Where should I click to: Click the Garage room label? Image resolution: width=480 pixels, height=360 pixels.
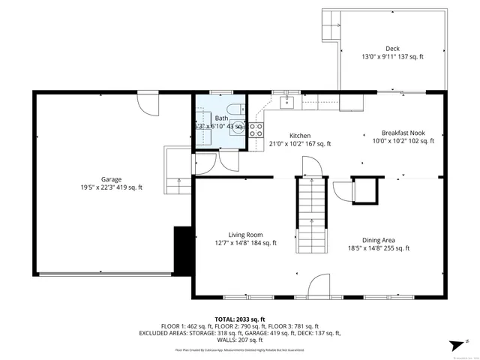[x=112, y=179]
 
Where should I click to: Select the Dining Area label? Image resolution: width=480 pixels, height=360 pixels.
[x=378, y=241]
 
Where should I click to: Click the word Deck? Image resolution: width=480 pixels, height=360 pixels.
[x=392, y=49]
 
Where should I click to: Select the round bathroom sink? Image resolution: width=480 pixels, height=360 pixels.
[x=237, y=126]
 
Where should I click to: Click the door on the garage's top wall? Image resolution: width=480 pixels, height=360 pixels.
[x=148, y=103]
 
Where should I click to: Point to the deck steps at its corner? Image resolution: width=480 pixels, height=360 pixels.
[x=329, y=28]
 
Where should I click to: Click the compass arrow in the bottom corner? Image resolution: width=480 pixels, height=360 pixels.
[x=454, y=344]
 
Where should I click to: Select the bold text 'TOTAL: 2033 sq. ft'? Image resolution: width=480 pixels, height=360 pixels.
[x=239, y=319]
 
